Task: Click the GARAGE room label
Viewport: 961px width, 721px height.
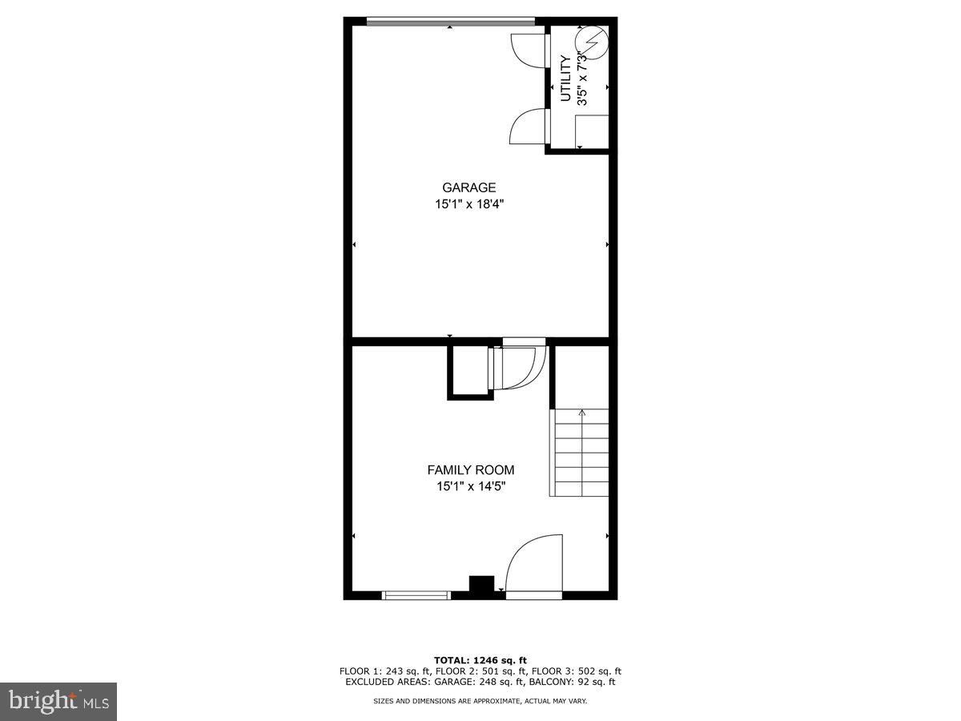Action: tap(468, 188)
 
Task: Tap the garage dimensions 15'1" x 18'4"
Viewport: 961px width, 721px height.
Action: tap(468, 204)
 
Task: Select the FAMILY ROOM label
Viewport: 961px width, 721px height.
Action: tap(470, 470)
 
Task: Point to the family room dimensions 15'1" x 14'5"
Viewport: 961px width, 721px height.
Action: tap(470, 485)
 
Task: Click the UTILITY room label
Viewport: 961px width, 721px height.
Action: tap(565, 79)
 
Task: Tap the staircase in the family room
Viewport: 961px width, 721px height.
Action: tap(579, 453)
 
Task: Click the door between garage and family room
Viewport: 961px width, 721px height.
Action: tap(522, 365)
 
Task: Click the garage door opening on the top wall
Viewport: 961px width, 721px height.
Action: tap(450, 21)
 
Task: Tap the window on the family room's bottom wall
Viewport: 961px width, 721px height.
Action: tap(416, 594)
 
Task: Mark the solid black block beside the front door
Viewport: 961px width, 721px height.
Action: tap(481, 586)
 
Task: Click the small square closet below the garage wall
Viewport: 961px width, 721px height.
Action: tap(468, 371)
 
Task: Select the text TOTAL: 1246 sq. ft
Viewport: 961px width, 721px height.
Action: tap(480, 659)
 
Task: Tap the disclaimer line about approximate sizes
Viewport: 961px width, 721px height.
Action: tap(480, 701)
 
